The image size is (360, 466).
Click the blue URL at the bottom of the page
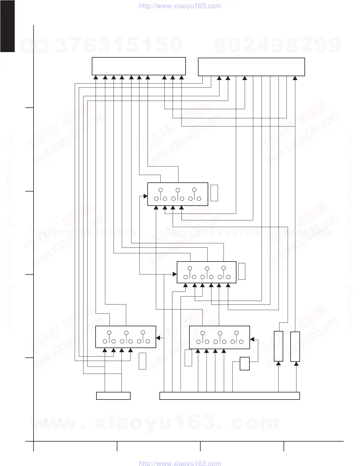point(179,463)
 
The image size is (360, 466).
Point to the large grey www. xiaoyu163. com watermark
point(154,422)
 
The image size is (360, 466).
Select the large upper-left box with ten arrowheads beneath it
point(139,66)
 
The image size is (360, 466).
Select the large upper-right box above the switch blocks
point(251,67)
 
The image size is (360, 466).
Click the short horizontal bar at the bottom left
point(113,396)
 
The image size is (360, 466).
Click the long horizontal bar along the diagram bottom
point(229,396)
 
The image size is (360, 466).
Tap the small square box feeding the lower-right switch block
point(245,364)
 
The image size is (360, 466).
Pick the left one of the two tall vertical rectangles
point(279,346)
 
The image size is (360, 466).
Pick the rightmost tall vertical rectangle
point(295,347)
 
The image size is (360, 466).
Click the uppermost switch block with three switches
point(178,194)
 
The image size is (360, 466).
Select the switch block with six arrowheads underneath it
point(206,272)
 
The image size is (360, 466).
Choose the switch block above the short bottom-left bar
point(126,337)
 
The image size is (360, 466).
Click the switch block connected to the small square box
point(219,337)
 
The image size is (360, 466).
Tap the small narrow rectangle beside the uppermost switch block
point(214,193)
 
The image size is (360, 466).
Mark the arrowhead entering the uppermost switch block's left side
point(145,196)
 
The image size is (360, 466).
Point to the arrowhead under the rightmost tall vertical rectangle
point(296,364)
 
